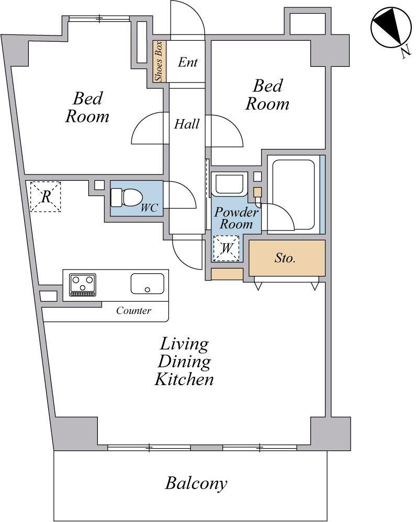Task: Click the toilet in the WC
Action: pyautogui.click(x=126, y=198)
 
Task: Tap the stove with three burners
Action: pyautogui.click(x=82, y=285)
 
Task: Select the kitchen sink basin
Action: pyautogui.click(x=148, y=283)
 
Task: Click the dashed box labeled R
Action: pyautogui.click(x=46, y=196)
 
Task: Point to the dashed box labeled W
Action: pyautogui.click(x=227, y=248)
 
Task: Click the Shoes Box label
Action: pyautogui.click(x=159, y=61)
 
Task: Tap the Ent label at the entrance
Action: pyautogui.click(x=188, y=62)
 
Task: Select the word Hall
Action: pyautogui.click(x=187, y=124)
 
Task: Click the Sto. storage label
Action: pyautogui.click(x=285, y=258)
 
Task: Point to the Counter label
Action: pyautogui.click(x=133, y=310)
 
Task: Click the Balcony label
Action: pyautogui.click(x=196, y=483)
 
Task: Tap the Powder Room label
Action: pyautogui.click(x=236, y=218)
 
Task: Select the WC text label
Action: pyautogui.click(x=149, y=208)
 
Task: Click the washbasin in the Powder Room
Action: pyautogui.click(x=230, y=184)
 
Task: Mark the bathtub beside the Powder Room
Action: pyautogui.click(x=294, y=195)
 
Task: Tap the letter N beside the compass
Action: pyautogui.click(x=406, y=52)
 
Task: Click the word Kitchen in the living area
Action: pyautogui.click(x=184, y=379)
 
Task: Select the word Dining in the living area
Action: pyautogui.click(x=184, y=362)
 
